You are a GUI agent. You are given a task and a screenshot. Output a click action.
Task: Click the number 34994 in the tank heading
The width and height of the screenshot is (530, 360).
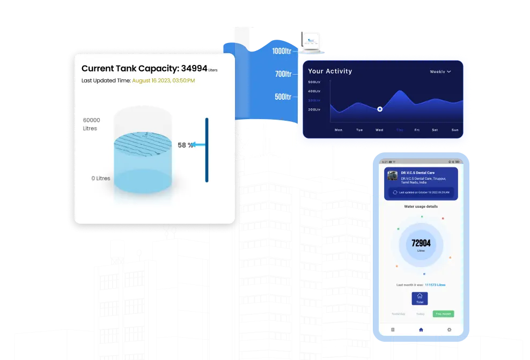(194, 68)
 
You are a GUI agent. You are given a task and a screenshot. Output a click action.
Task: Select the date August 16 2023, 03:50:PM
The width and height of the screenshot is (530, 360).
(164, 80)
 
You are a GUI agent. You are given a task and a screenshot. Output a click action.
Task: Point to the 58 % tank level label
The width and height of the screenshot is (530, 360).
(185, 145)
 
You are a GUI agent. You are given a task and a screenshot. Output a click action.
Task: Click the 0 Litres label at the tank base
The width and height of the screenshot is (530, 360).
(100, 178)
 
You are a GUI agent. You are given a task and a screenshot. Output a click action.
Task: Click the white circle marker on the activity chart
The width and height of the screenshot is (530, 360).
(380, 109)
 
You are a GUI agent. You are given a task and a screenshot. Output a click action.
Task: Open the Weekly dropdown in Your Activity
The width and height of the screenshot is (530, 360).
(440, 71)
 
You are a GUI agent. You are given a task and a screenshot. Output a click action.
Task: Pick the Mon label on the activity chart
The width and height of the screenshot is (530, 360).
(338, 130)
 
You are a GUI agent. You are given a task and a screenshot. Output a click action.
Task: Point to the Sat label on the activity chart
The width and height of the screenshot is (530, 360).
(435, 130)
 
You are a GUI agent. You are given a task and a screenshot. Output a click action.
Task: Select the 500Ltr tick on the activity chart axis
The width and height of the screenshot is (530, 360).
(314, 82)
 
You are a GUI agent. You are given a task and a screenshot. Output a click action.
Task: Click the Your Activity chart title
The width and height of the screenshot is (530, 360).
(330, 71)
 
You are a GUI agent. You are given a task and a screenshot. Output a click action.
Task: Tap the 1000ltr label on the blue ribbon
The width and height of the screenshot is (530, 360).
(282, 51)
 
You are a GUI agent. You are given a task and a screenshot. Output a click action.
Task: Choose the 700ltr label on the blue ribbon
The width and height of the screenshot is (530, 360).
(283, 74)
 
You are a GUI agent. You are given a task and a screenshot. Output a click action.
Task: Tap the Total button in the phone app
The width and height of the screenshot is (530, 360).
(419, 299)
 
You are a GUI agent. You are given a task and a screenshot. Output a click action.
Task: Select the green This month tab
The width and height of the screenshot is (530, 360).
(444, 314)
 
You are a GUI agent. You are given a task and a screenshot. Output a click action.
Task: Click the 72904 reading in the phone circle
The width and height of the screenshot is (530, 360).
(421, 243)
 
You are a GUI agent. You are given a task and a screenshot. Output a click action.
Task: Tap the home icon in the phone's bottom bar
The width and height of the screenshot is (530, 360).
(421, 329)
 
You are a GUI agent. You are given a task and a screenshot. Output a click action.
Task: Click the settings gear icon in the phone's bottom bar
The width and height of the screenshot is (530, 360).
(449, 329)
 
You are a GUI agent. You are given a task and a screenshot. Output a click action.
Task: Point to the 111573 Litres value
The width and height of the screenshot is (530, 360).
(435, 285)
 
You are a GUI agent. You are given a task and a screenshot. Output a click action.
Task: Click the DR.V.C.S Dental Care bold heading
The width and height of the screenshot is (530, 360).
(418, 173)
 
